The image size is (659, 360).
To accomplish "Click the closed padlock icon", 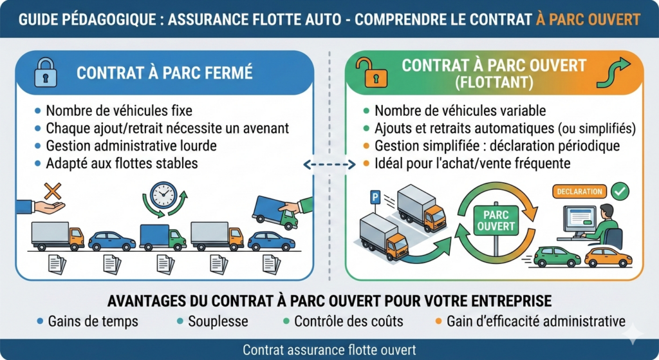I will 44,71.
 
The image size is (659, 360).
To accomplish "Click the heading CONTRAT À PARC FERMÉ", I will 164,72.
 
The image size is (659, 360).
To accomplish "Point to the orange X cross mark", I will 51,191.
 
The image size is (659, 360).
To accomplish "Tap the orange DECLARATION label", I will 580,191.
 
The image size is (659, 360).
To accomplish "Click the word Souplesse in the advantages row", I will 217,321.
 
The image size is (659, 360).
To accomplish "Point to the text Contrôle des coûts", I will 348,321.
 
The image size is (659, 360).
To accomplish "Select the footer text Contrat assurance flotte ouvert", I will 329,350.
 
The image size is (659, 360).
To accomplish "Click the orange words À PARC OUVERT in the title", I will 587,19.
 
